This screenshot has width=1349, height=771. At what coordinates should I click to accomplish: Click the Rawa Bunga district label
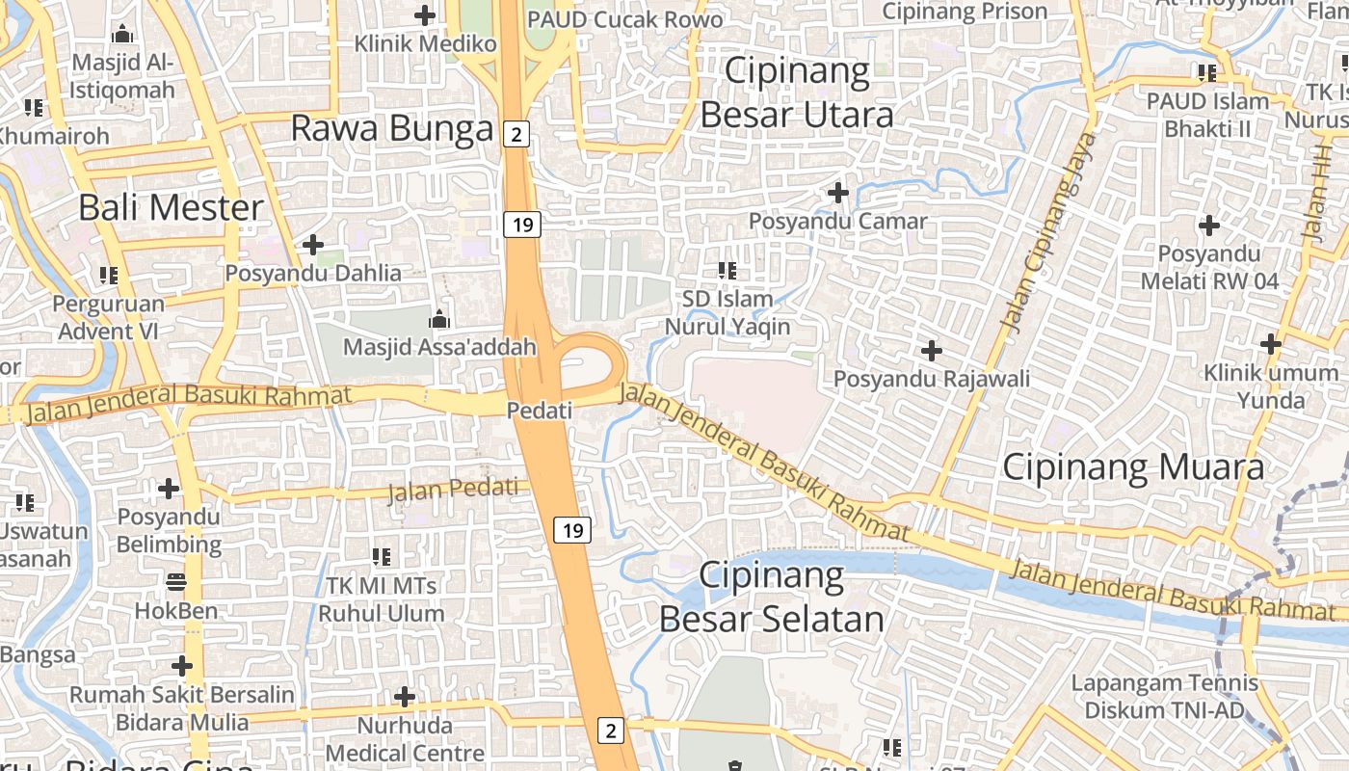391,128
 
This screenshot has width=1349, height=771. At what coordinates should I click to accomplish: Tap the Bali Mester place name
171,207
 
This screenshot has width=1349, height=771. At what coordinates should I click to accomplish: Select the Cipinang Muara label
1133,467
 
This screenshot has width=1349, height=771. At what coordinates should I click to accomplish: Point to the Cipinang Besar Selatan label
772,598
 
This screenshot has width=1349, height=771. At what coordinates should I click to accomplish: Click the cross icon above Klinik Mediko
425,15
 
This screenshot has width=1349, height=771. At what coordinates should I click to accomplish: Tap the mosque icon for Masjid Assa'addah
439,318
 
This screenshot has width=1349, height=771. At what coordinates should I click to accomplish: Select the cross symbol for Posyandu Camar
838,193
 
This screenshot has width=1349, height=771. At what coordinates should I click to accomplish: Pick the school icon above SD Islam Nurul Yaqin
727,271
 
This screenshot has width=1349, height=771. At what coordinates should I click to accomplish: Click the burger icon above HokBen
175,581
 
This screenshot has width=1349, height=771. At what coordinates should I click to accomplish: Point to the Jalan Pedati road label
453,490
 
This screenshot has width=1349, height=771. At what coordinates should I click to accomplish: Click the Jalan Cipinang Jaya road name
1050,231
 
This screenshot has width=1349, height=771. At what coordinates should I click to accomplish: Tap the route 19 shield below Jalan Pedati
572,530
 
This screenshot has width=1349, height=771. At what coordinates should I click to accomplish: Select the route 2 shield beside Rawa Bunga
516,134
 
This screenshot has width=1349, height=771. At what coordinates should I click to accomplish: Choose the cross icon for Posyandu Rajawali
931,350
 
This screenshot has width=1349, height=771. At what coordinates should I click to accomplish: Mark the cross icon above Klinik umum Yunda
1271,343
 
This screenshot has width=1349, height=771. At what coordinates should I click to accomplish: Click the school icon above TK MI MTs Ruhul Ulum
382,556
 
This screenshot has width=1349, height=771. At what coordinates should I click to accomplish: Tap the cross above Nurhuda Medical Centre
405,696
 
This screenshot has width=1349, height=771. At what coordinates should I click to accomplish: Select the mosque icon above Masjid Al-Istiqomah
122,36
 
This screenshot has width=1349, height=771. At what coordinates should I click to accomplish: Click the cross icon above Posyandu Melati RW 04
1208,226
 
